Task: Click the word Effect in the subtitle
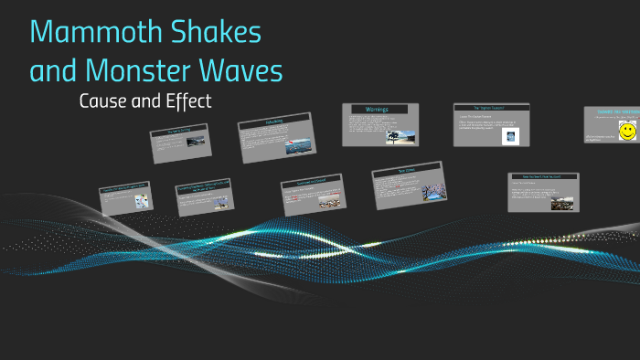click(x=188, y=101)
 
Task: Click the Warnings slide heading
click(x=377, y=110)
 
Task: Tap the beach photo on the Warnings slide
click(x=401, y=137)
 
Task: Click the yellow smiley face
click(x=627, y=132)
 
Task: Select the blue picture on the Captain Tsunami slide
click(x=510, y=136)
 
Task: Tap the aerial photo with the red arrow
click(x=299, y=146)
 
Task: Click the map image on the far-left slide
click(x=141, y=201)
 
